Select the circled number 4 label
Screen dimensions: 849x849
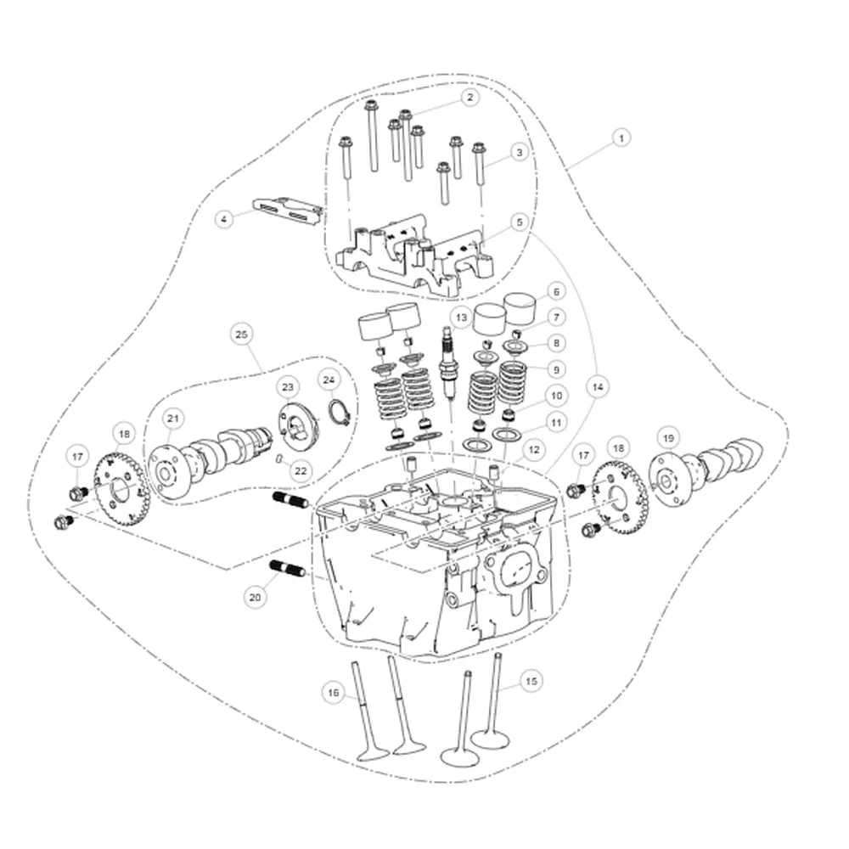click(x=223, y=219)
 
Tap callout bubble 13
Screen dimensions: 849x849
click(x=461, y=318)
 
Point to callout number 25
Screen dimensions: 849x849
click(x=241, y=335)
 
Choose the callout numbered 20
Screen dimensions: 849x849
click(x=255, y=597)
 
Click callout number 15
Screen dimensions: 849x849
click(x=531, y=681)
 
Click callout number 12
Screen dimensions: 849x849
click(x=532, y=449)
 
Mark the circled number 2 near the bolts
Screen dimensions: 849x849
click(x=469, y=98)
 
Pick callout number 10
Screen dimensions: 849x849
click(x=555, y=396)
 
